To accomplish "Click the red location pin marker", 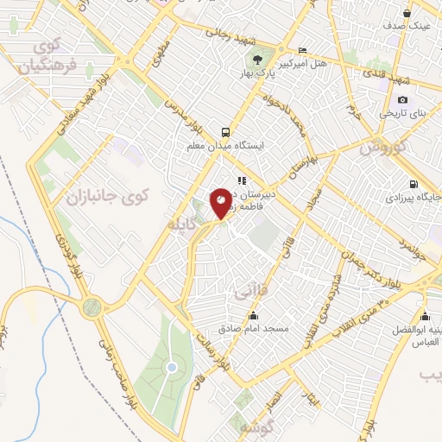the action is click(x=221, y=204).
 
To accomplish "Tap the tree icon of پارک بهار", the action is click(x=258, y=58).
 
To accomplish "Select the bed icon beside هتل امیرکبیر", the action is click(x=300, y=50).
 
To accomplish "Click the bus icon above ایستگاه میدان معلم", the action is click(x=225, y=132).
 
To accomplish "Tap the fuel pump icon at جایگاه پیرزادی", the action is click(x=414, y=184).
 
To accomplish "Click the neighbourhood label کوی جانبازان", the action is click(x=107, y=197).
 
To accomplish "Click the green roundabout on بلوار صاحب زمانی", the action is click(x=92, y=306).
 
